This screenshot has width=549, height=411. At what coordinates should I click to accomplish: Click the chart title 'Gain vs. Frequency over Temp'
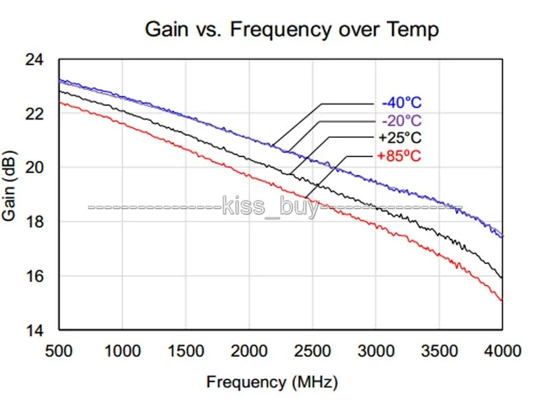coord(291,30)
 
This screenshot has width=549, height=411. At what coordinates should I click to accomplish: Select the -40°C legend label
coord(401,103)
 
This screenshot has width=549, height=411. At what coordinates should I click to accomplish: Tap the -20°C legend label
coord(401,121)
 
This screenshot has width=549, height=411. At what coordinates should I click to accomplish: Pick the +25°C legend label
coord(400,138)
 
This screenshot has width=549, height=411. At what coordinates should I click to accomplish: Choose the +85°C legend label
coord(399,156)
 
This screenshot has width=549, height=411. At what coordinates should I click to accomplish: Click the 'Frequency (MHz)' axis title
coord(272,381)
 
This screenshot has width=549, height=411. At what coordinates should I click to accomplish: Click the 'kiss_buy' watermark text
coord(271,206)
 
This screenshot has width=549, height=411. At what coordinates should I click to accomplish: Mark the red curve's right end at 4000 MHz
coord(502,301)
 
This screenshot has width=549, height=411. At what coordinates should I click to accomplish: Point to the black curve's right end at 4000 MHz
coord(502,278)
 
